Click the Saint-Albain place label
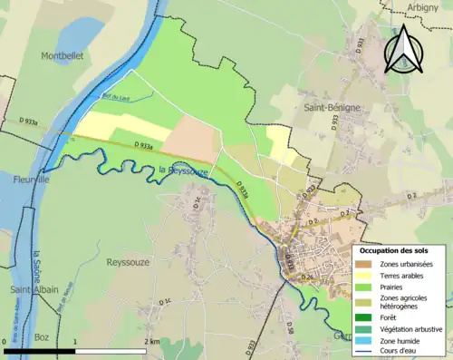coord(34,289)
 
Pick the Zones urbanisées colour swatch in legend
coord(367,264)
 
